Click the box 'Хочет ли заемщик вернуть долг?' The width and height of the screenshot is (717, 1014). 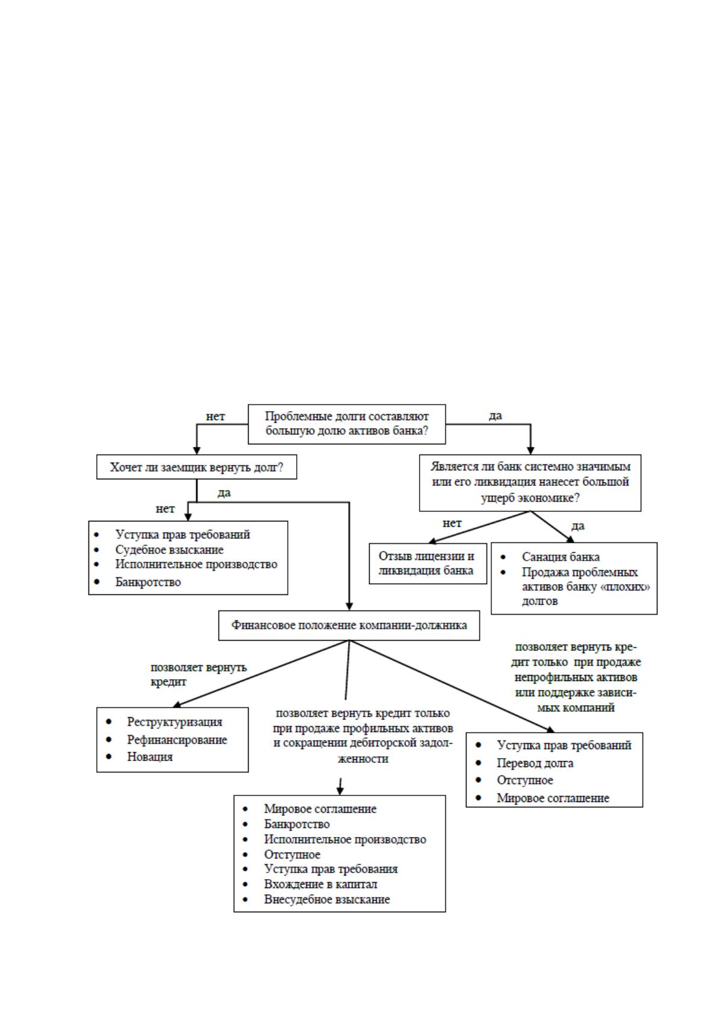tap(196, 467)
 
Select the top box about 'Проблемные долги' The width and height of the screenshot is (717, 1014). tap(347, 424)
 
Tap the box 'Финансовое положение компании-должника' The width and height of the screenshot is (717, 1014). tap(349, 625)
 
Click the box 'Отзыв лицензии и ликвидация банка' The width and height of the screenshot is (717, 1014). tap(428, 563)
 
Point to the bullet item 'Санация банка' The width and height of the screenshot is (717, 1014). tap(560, 557)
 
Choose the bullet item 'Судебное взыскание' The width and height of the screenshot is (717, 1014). tap(169, 550)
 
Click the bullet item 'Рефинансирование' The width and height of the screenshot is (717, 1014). tap(177, 739)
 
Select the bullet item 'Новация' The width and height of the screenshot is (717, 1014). tap(150, 756)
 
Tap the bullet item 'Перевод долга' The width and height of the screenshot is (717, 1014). tap(535, 764)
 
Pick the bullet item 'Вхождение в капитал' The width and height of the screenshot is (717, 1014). tap(320, 884)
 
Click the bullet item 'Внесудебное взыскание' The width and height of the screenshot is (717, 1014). tap(327, 899)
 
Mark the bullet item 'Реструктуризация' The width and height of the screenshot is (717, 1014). tap(175, 721)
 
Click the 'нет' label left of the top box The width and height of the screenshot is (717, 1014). tap(216, 417)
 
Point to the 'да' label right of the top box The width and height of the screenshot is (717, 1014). tap(495, 415)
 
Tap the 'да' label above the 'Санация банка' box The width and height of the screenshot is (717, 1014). tap(577, 526)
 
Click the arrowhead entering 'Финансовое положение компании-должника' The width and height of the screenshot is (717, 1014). tap(349, 606)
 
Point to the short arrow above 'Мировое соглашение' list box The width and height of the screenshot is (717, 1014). tap(340, 787)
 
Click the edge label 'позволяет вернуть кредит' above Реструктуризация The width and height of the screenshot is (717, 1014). tap(198, 674)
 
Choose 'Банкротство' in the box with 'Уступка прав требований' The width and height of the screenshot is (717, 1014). tap(147, 582)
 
